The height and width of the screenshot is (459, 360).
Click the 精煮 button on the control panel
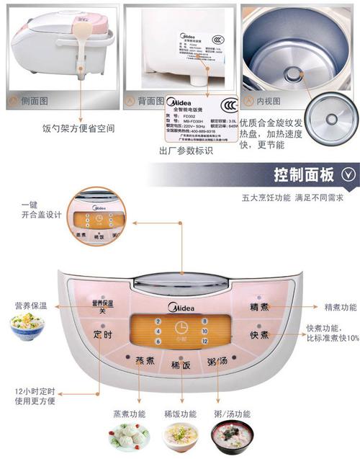coord(259,307)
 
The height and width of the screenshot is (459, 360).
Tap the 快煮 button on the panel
coord(259,335)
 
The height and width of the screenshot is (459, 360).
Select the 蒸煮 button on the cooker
coord(146,360)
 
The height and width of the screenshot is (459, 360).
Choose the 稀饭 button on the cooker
coord(181,365)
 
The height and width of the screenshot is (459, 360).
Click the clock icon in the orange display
coord(181,327)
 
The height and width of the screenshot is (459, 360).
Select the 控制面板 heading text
coord(304,174)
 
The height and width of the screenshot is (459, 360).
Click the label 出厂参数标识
coord(185,151)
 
